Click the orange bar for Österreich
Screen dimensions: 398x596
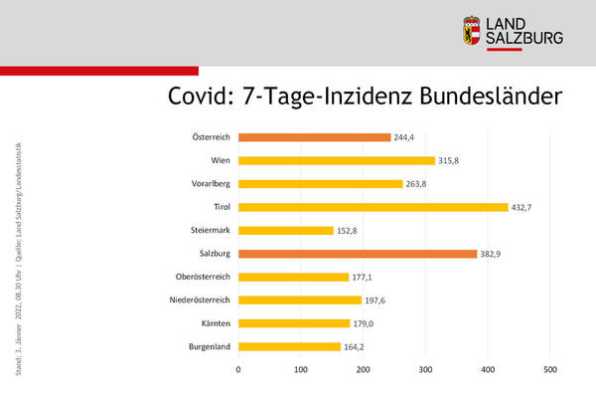[314, 137]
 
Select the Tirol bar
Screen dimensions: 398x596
[372, 207]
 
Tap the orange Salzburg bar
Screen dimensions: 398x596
[358, 254]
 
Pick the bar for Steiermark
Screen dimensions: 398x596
[285, 230]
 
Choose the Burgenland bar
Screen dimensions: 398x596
[289, 346]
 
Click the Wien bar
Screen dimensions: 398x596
[336, 160]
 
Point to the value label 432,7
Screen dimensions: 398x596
[525, 207]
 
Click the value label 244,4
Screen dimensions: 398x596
[407, 137]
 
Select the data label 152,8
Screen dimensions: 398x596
[350, 230]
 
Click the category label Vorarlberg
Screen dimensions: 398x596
[211, 184]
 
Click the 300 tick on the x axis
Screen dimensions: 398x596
[425, 370]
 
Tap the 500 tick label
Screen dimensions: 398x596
[549, 370]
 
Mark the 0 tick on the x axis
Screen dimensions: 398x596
[238, 370]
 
